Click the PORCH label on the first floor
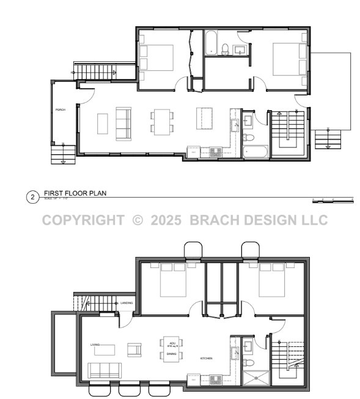61,110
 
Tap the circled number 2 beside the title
31,197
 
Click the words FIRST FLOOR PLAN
75,193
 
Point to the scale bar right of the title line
332,199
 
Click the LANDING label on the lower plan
127,303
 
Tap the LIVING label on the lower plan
95,345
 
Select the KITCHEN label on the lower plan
207,358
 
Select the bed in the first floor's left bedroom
157,59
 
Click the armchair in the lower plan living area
134,349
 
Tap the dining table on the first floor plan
162,121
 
